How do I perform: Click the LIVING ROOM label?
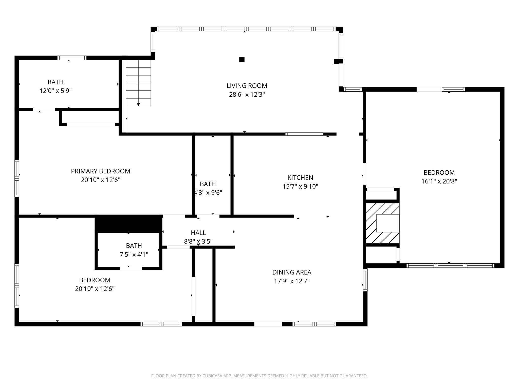247,86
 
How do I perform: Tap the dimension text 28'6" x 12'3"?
247,95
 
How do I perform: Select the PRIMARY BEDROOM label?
100,171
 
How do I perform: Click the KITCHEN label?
300,178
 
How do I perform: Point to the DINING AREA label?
292,272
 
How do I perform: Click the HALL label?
198,233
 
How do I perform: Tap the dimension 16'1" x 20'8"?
439,181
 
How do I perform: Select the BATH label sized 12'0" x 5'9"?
55,82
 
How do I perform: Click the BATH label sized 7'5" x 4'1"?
134,246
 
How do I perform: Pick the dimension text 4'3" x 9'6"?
208,193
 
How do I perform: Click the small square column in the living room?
242,60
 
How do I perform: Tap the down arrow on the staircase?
138,104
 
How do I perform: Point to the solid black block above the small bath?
128,223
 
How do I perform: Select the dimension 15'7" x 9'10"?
300,187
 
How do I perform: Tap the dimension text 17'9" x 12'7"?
292,281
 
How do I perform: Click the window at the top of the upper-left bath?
72,58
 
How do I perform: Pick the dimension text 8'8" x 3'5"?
198,241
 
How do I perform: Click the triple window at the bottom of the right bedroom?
450,265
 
